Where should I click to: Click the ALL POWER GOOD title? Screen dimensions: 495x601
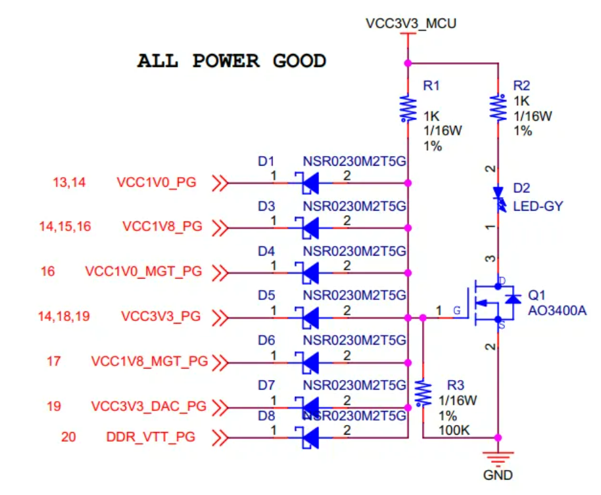click(231, 62)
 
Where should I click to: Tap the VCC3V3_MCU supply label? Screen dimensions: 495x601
click(411, 24)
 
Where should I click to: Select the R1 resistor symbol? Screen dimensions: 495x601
click(408, 109)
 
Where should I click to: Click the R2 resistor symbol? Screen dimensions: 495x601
click(498, 107)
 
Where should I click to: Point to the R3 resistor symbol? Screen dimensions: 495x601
click(423, 392)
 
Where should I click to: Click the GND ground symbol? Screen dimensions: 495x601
click(498, 458)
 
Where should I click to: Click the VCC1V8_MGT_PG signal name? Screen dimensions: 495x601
click(150, 361)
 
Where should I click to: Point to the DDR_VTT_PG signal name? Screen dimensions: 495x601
click(150, 437)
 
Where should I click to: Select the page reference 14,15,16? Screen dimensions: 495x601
click(65, 227)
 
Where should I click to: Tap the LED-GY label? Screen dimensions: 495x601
click(537, 207)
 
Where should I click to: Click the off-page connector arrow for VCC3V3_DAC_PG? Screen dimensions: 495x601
click(220, 407)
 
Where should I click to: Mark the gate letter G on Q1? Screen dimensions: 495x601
click(456, 311)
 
